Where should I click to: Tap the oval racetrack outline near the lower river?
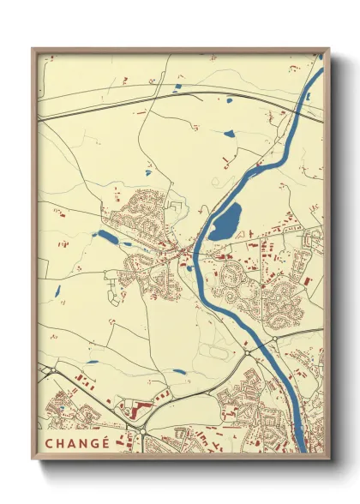pos(218,352)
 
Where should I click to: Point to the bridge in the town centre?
pos(195,255)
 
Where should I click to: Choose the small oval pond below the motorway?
pos(228,134)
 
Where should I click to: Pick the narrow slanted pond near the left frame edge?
pos(54,292)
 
